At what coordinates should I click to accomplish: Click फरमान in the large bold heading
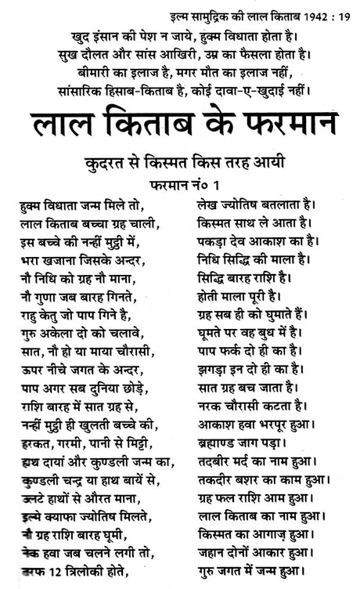pos(272,122)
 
